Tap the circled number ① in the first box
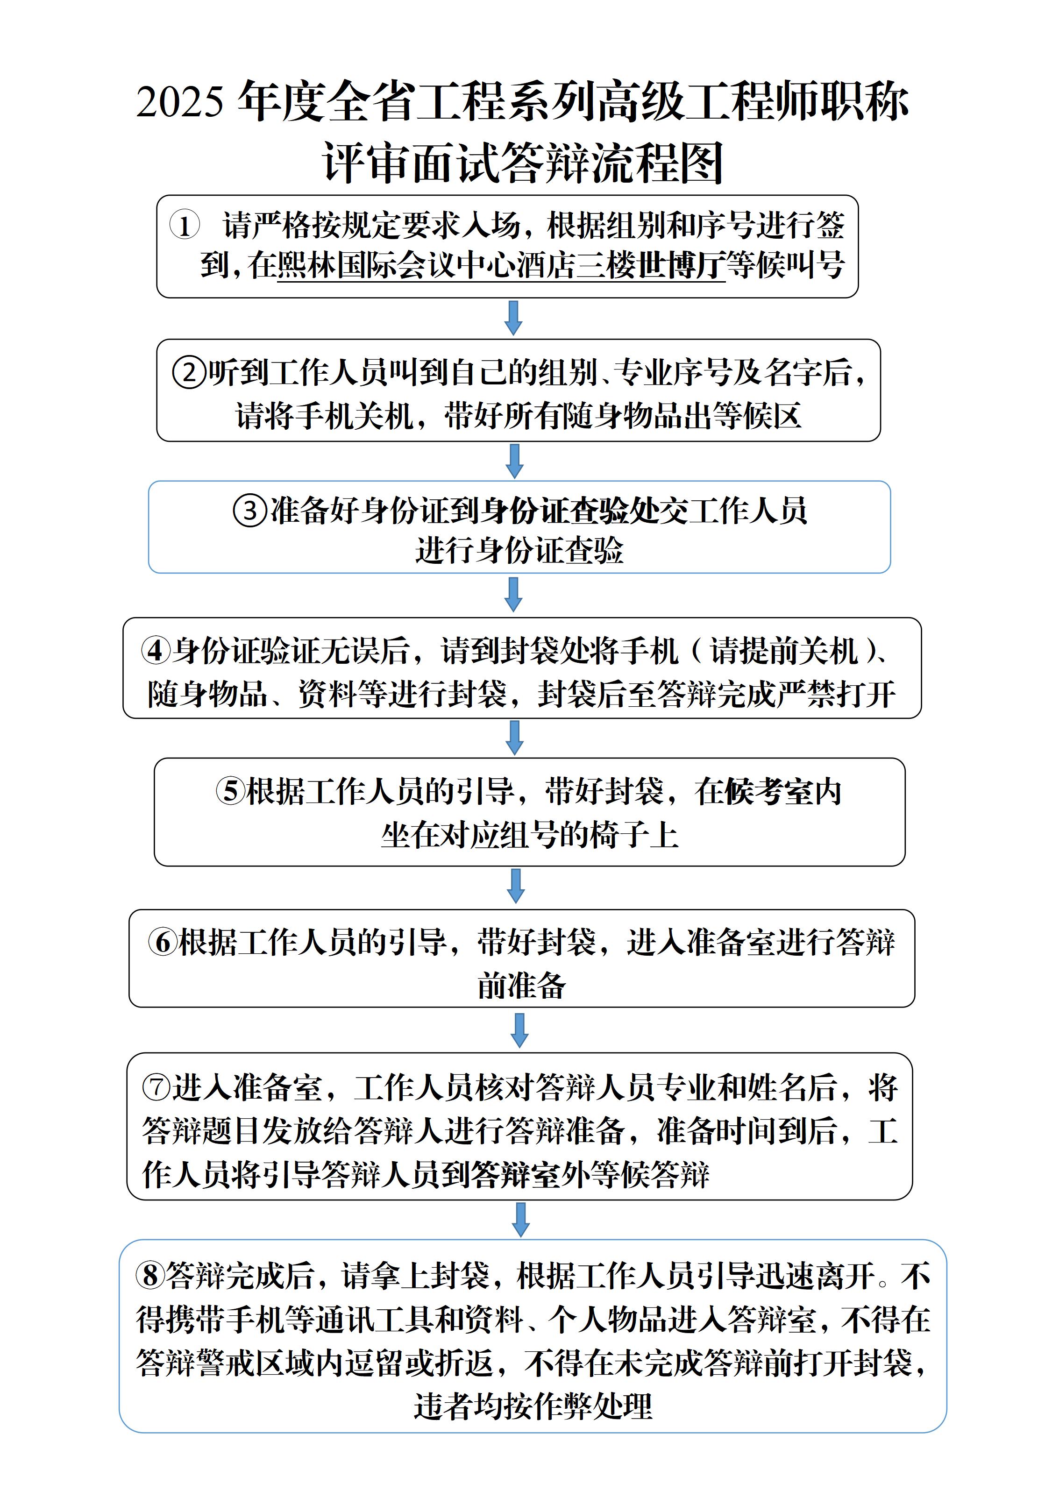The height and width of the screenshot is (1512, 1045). [x=185, y=226]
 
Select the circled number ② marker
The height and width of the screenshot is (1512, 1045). [x=189, y=373]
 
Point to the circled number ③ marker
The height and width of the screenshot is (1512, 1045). [x=249, y=511]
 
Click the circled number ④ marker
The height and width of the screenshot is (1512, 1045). [x=156, y=651]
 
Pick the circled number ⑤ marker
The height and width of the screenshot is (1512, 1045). [x=230, y=792]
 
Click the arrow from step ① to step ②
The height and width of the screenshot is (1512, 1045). [x=514, y=318]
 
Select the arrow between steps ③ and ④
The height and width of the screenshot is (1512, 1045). [x=514, y=594]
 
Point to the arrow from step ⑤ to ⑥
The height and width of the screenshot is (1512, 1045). [x=516, y=886]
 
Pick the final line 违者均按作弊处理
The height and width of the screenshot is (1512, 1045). [x=533, y=1406]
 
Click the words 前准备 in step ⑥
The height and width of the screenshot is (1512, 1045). [x=521, y=985]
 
